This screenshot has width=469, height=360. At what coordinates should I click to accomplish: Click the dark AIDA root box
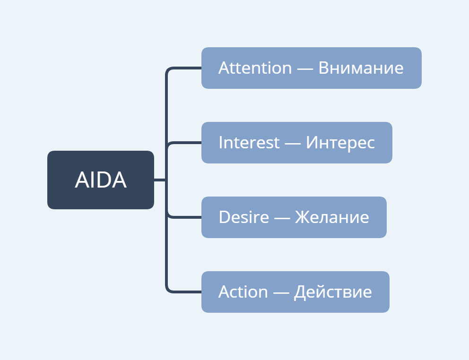[x=101, y=180]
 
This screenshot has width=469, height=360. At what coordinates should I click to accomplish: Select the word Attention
[x=255, y=68]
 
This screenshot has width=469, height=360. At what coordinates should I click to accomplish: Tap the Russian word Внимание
[x=361, y=68]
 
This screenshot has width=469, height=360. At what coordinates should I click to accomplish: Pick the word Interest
[x=249, y=142]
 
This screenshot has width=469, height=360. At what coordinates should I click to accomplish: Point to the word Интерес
[x=340, y=143]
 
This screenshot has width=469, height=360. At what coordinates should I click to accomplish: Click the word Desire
[x=244, y=217]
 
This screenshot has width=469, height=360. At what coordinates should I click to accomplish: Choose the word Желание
[x=332, y=217]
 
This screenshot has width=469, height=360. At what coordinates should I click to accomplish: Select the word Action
[x=243, y=292]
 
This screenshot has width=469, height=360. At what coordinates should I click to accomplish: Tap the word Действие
[x=333, y=292]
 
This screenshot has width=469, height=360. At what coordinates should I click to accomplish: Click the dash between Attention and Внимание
[x=305, y=69]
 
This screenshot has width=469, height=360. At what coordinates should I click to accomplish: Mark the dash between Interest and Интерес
[x=293, y=144]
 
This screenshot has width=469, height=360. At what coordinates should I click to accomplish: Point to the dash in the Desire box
[x=282, y=218]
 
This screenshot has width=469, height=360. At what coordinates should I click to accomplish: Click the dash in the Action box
[x=281, y=293]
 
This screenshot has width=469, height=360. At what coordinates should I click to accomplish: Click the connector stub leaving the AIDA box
[x=160, y=180]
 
